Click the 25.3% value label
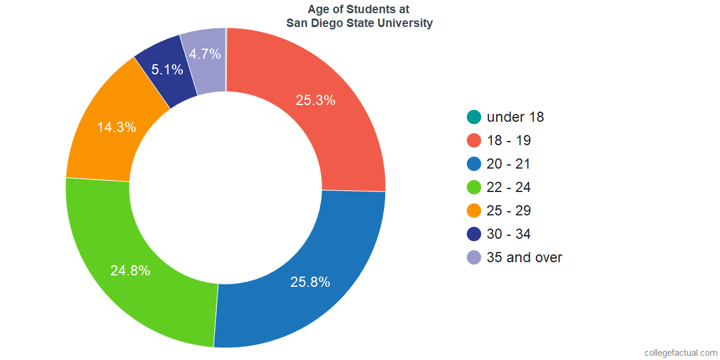[315, 100]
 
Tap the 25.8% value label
[310, 282]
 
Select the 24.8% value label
[130, 271]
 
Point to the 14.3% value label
[116, 127]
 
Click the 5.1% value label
[167, 70]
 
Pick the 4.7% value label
[205, 54]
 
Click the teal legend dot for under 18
[474, 117]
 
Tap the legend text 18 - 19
[509, 141]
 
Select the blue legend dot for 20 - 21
[474, 164]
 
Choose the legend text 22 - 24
[509, 188]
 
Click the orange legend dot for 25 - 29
[474, 211]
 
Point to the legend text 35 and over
[524, 258]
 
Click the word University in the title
[403, 24]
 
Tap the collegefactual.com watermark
[680, 353]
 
